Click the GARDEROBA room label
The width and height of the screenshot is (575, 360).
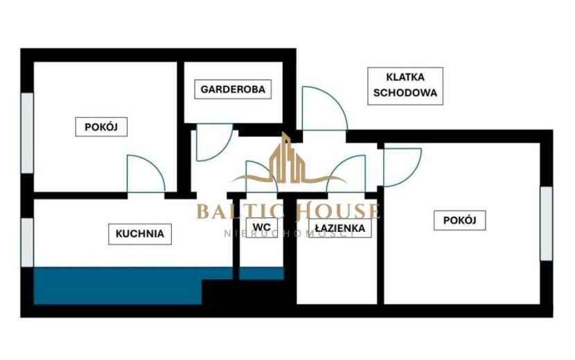233,89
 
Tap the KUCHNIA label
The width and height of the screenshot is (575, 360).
140,234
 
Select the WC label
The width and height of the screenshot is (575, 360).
261,227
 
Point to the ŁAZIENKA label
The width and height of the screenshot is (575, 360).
340,228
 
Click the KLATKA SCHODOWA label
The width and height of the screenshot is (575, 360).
405,86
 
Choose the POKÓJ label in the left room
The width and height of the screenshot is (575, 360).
101,127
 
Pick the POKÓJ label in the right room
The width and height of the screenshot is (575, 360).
459,220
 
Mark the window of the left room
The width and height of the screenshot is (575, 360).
27,133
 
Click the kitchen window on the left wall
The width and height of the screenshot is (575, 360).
27,242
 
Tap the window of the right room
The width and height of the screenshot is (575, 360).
546,223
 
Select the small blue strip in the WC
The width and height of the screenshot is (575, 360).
261,273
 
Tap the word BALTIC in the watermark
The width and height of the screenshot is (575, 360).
241,212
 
